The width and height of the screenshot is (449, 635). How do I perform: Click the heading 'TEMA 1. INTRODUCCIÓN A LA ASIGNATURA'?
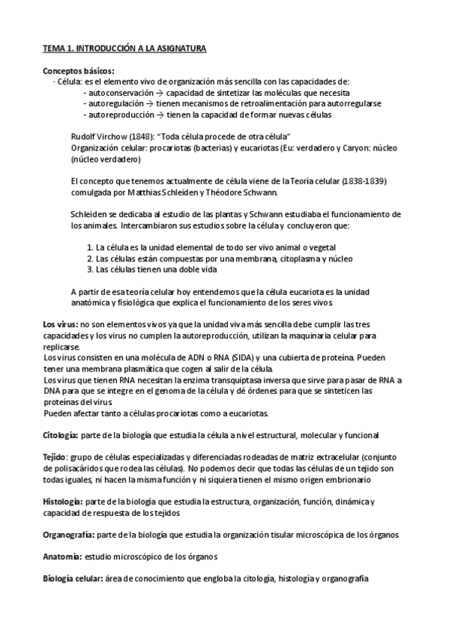tap(124, 49)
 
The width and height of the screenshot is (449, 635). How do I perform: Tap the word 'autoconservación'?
tap(117, 92)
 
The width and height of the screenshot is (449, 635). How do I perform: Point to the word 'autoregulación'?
tap(113, 103)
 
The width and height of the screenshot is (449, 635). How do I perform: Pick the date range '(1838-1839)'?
tap(364, 181)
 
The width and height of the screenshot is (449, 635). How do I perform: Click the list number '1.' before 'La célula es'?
tap(91, 248)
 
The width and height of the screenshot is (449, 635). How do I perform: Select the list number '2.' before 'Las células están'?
tap(91, 258)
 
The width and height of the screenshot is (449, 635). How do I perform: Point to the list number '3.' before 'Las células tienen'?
tap(91, 270)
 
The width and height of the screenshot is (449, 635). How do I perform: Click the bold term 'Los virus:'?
tap(60, 324)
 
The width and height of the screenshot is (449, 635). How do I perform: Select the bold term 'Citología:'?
tap(64, 434)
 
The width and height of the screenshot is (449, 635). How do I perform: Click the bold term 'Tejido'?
tap(55, 457)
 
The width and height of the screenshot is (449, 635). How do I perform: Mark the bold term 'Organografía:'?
tap(69, 535)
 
